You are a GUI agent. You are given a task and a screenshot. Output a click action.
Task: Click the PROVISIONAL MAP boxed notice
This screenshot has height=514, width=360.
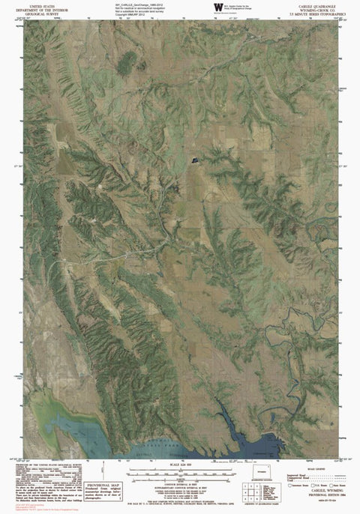pos(102,488)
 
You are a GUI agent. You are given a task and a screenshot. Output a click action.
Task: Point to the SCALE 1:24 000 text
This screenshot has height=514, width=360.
pos(179,466)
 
